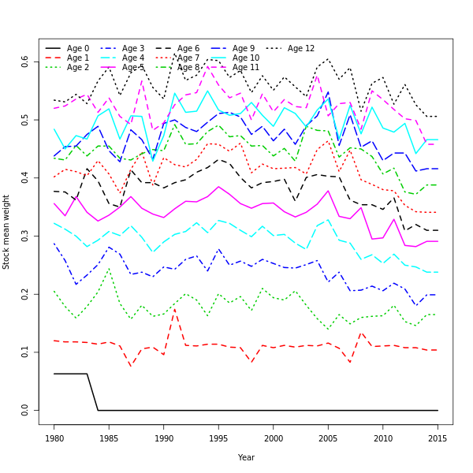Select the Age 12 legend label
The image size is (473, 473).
[x=300, y=49]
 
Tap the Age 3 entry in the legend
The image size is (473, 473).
[x=133, y=49]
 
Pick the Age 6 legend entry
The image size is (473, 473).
[x=188, y=49]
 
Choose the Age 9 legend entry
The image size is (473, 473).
[x=244, y=49]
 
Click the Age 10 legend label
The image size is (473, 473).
[x=246, y=58]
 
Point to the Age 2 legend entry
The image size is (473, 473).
[x=78, y=68]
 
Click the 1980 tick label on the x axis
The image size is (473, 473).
[x=54, y=438]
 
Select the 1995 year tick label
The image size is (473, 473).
[x=218, y=438]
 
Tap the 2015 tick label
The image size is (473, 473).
[x=438, y=438]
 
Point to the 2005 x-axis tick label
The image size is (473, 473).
[x=328, y=438]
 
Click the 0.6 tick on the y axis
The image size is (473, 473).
[x=25, y=61]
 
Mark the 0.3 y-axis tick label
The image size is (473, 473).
[x=25, y=236]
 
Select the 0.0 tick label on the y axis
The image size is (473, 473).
[x=25, y=411]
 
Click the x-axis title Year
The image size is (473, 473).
[x=246, y=457]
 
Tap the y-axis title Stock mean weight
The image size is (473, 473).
[x=6, y=232]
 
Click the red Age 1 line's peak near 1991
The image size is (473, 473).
[x=175, y=310]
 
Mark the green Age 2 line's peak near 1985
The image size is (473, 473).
[x=109, y=269]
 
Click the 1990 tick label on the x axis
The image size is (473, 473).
[x=164, y=438]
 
